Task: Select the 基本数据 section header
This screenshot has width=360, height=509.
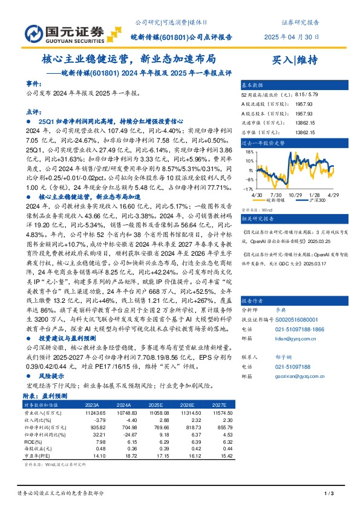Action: pos(252,85)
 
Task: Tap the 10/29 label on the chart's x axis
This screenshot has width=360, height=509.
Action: pos(295,195)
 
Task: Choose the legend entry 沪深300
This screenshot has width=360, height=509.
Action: pos(317,200)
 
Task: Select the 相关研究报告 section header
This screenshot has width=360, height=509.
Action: pos(258,218)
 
